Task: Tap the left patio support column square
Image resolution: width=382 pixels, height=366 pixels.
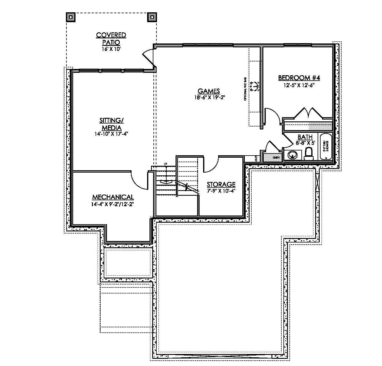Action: (71, 17)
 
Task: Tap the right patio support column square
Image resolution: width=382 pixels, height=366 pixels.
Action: (152, 17)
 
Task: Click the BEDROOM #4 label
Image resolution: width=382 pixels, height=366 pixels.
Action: (299, 78)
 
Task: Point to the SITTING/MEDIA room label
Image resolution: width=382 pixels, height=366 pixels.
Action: (111, 124)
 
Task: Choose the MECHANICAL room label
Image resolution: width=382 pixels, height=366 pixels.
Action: (113, 197)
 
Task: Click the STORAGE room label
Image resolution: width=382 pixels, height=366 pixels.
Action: (221, 184)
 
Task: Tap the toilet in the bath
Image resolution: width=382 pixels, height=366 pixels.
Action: (308, 154)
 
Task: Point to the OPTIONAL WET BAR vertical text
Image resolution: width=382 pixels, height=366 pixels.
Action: (245, 89)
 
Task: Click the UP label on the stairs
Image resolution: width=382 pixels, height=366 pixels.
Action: (165, 163)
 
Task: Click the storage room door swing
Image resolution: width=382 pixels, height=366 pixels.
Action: (212, 165)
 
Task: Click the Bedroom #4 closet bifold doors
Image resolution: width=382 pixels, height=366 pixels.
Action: (308, 113)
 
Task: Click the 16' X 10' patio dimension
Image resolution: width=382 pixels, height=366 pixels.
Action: (111, 49)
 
